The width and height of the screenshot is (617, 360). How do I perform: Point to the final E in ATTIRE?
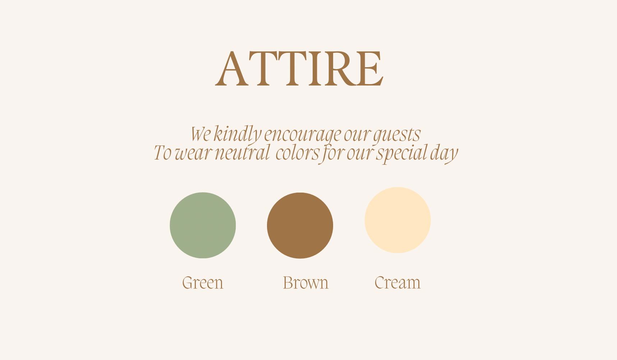(370, 69)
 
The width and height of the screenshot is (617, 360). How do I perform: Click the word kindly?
(237, 134)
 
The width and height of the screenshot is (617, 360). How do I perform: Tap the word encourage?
(302, 135)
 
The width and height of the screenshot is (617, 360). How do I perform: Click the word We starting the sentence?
(201, 134)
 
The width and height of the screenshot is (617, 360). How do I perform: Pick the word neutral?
(242, 153)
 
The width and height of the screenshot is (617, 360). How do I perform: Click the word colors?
(298, 153)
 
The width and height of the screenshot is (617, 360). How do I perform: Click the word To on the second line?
(162, 153)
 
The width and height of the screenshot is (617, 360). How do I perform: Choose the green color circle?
(203, 225)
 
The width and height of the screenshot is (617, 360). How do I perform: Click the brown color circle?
(300, 225)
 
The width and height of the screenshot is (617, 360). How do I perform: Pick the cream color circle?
(397, 220)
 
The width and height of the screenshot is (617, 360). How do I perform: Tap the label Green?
(203, 282)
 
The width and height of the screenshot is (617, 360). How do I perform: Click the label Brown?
(305, 282)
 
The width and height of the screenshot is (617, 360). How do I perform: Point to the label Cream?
(397, 282)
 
